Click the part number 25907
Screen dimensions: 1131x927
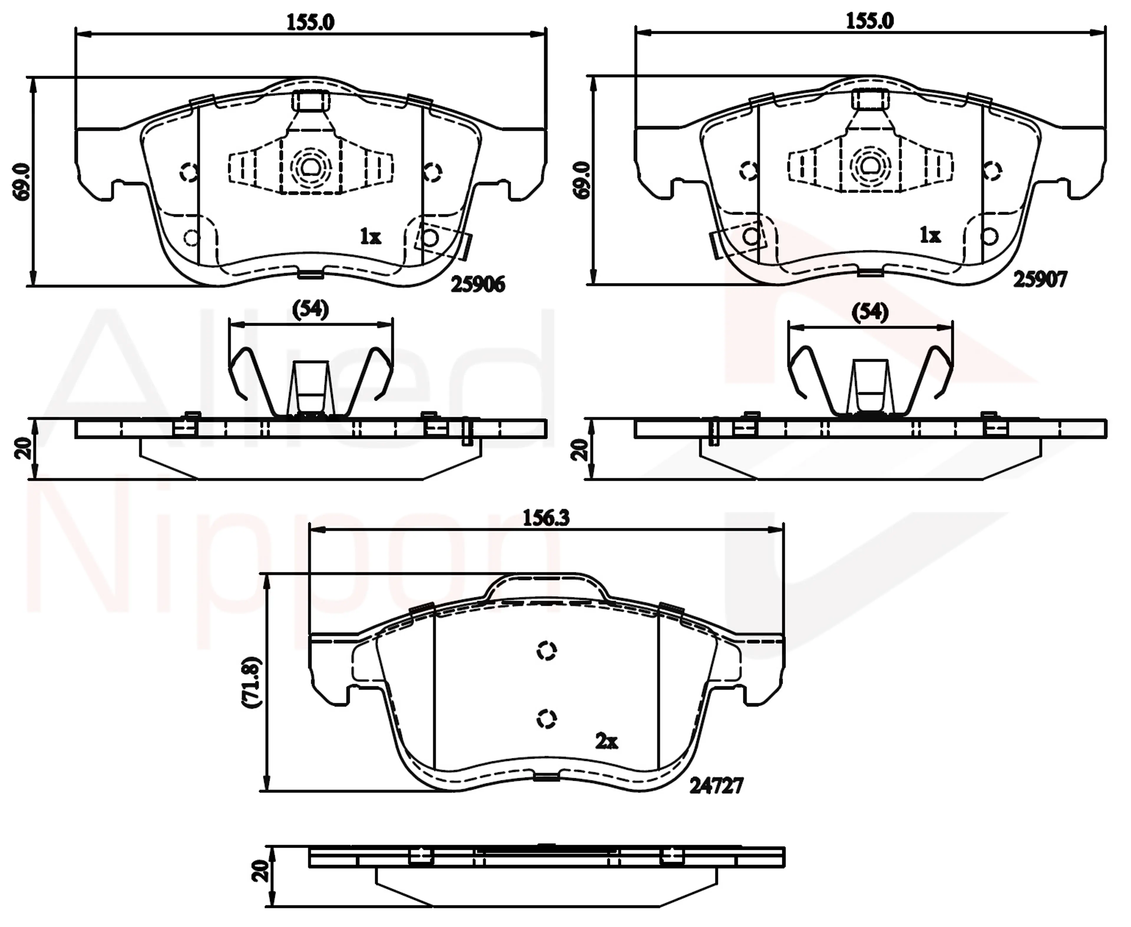1040,279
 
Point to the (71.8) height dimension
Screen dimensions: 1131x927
251,682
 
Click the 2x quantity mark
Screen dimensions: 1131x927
606,741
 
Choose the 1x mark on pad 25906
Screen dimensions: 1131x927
370,236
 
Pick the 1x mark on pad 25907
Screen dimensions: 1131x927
930,235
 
